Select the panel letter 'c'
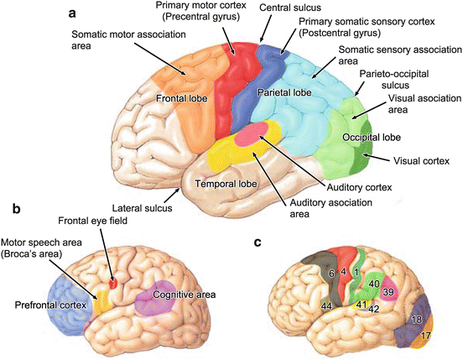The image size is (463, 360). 258,243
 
